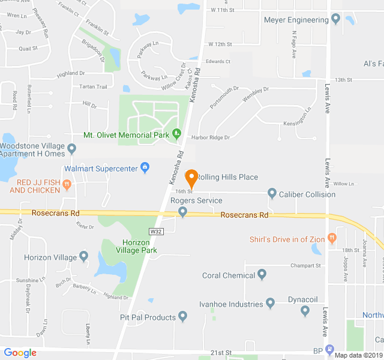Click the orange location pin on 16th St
(191, 178)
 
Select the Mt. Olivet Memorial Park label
(127, 135)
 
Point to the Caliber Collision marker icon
(272, 193)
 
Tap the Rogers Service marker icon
(183, 211)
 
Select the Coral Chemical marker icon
(262, 275)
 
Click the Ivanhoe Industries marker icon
(270, 304)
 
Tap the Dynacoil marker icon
(305, 310)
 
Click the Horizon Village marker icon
(83, 257)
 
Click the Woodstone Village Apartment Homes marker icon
(72, 148)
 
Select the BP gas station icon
(329, 350)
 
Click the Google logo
(20, 352)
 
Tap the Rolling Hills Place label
(228, 177)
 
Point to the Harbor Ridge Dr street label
(211, 137)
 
